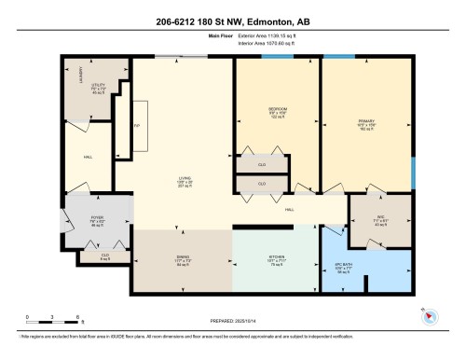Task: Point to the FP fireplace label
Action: [137, 124]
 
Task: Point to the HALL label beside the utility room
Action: [88, 157]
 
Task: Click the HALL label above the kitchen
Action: [290, 210]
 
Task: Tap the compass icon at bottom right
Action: [429, 315]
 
